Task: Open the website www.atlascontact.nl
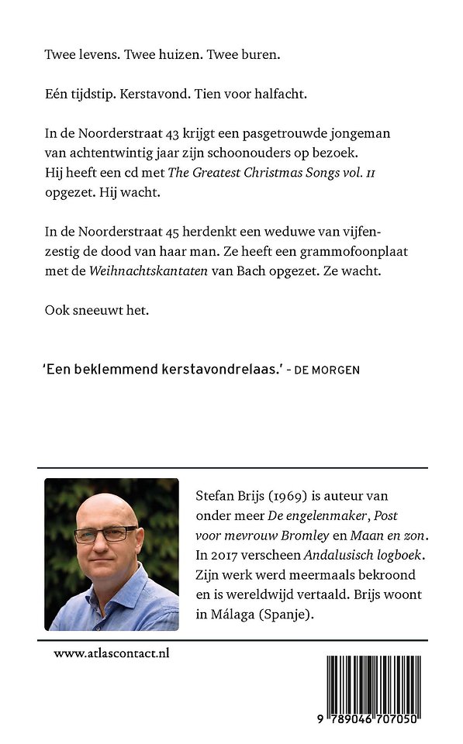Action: coord(112,653)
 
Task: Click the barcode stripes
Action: coord(371,683)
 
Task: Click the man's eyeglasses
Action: coord(105,534)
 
